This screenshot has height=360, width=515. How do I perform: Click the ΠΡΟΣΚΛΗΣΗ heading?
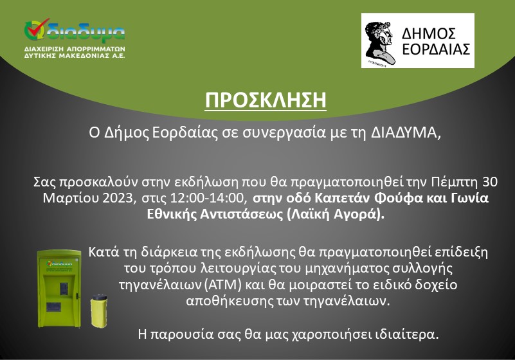pos(266,100)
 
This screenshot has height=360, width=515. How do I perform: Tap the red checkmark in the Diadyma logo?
pos(38,28)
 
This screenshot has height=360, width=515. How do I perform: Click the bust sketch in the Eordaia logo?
pos(379,42)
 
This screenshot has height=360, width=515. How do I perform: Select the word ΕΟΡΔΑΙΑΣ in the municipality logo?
pos(436,50)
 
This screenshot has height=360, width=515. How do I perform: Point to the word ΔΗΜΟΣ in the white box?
pos(429,34)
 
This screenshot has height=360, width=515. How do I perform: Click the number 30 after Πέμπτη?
pos(490,182)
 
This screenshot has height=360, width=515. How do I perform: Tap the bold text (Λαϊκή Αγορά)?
pos(335,214)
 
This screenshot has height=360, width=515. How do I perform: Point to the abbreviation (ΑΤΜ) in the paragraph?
pos(222,284)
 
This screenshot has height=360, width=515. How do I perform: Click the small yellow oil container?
pos(99,310)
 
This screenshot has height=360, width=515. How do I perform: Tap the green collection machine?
pos(59,289)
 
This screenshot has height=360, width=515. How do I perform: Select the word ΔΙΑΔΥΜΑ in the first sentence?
pos(406,132)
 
